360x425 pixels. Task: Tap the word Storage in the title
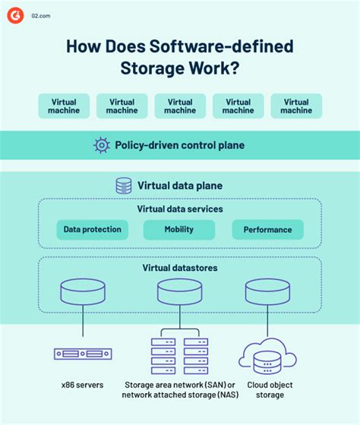(155, 68)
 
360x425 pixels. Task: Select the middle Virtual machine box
(180, 106)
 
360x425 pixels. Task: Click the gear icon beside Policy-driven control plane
(100, 144)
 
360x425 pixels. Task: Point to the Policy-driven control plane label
(179, 144)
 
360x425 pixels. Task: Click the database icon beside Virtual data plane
(123, 185)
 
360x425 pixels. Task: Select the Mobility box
(179, 229)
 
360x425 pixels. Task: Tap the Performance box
(267, 229)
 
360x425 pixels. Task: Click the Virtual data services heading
(179, 209)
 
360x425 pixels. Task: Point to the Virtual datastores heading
(179, 268)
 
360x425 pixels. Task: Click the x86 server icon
(83, 353)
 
